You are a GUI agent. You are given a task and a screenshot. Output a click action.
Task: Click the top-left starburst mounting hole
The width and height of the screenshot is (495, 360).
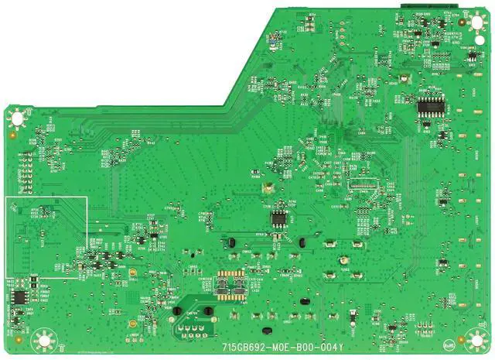point(15,118)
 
